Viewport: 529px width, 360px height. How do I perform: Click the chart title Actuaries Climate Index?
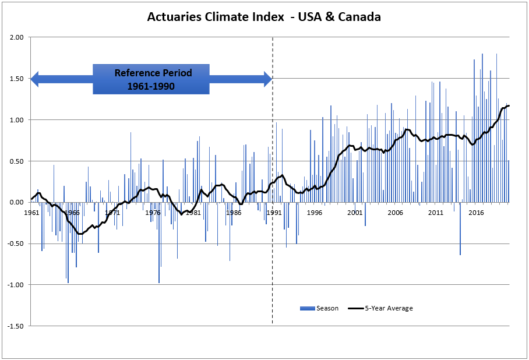coord(264,17)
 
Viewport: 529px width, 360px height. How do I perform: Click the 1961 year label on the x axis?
coord(32,213)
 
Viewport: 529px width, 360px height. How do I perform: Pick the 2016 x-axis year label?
coord(476,213)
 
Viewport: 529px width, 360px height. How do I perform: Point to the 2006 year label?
coord(396,213)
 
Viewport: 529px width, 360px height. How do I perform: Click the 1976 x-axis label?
coord(153,213)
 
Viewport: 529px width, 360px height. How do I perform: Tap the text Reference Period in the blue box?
coord(153,73)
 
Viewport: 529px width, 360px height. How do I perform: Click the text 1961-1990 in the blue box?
coord(152,86)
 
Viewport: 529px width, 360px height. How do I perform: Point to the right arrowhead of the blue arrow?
coord(268,79)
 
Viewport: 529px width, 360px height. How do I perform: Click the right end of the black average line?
coord(509,105)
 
